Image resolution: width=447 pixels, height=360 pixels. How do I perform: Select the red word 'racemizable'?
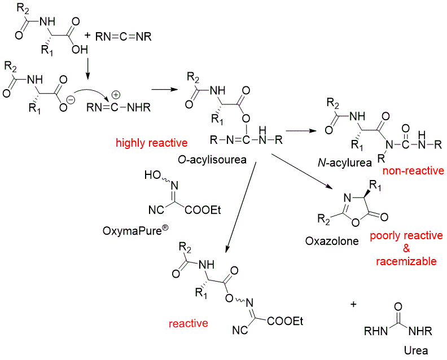407,261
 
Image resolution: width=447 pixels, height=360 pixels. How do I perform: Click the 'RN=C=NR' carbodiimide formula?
123,37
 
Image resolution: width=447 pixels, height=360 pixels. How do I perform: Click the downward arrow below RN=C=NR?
87,65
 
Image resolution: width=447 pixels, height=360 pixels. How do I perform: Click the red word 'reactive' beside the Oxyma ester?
189,323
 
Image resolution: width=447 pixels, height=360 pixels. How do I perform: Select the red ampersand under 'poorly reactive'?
406,248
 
